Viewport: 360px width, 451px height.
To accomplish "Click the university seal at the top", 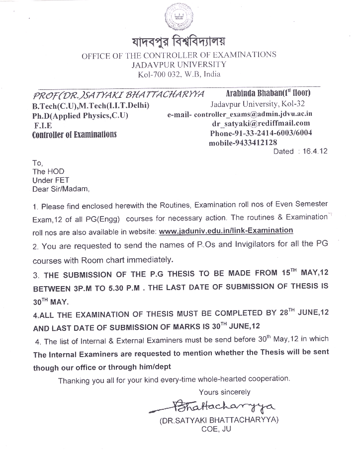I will click(179, 18).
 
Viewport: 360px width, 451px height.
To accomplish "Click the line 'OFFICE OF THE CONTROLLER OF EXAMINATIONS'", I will click(179, 55).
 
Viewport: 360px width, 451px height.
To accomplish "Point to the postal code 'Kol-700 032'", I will click(158, 75).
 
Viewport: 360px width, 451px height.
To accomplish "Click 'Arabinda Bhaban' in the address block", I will click(247, 93).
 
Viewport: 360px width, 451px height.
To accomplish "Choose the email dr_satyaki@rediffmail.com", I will click(261, 123).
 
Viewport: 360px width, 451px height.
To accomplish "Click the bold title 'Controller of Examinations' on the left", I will click(74, 135).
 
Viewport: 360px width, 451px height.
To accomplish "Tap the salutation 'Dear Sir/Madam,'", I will click(61, 189).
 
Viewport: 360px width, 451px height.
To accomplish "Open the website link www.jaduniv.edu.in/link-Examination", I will click(226, 230).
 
